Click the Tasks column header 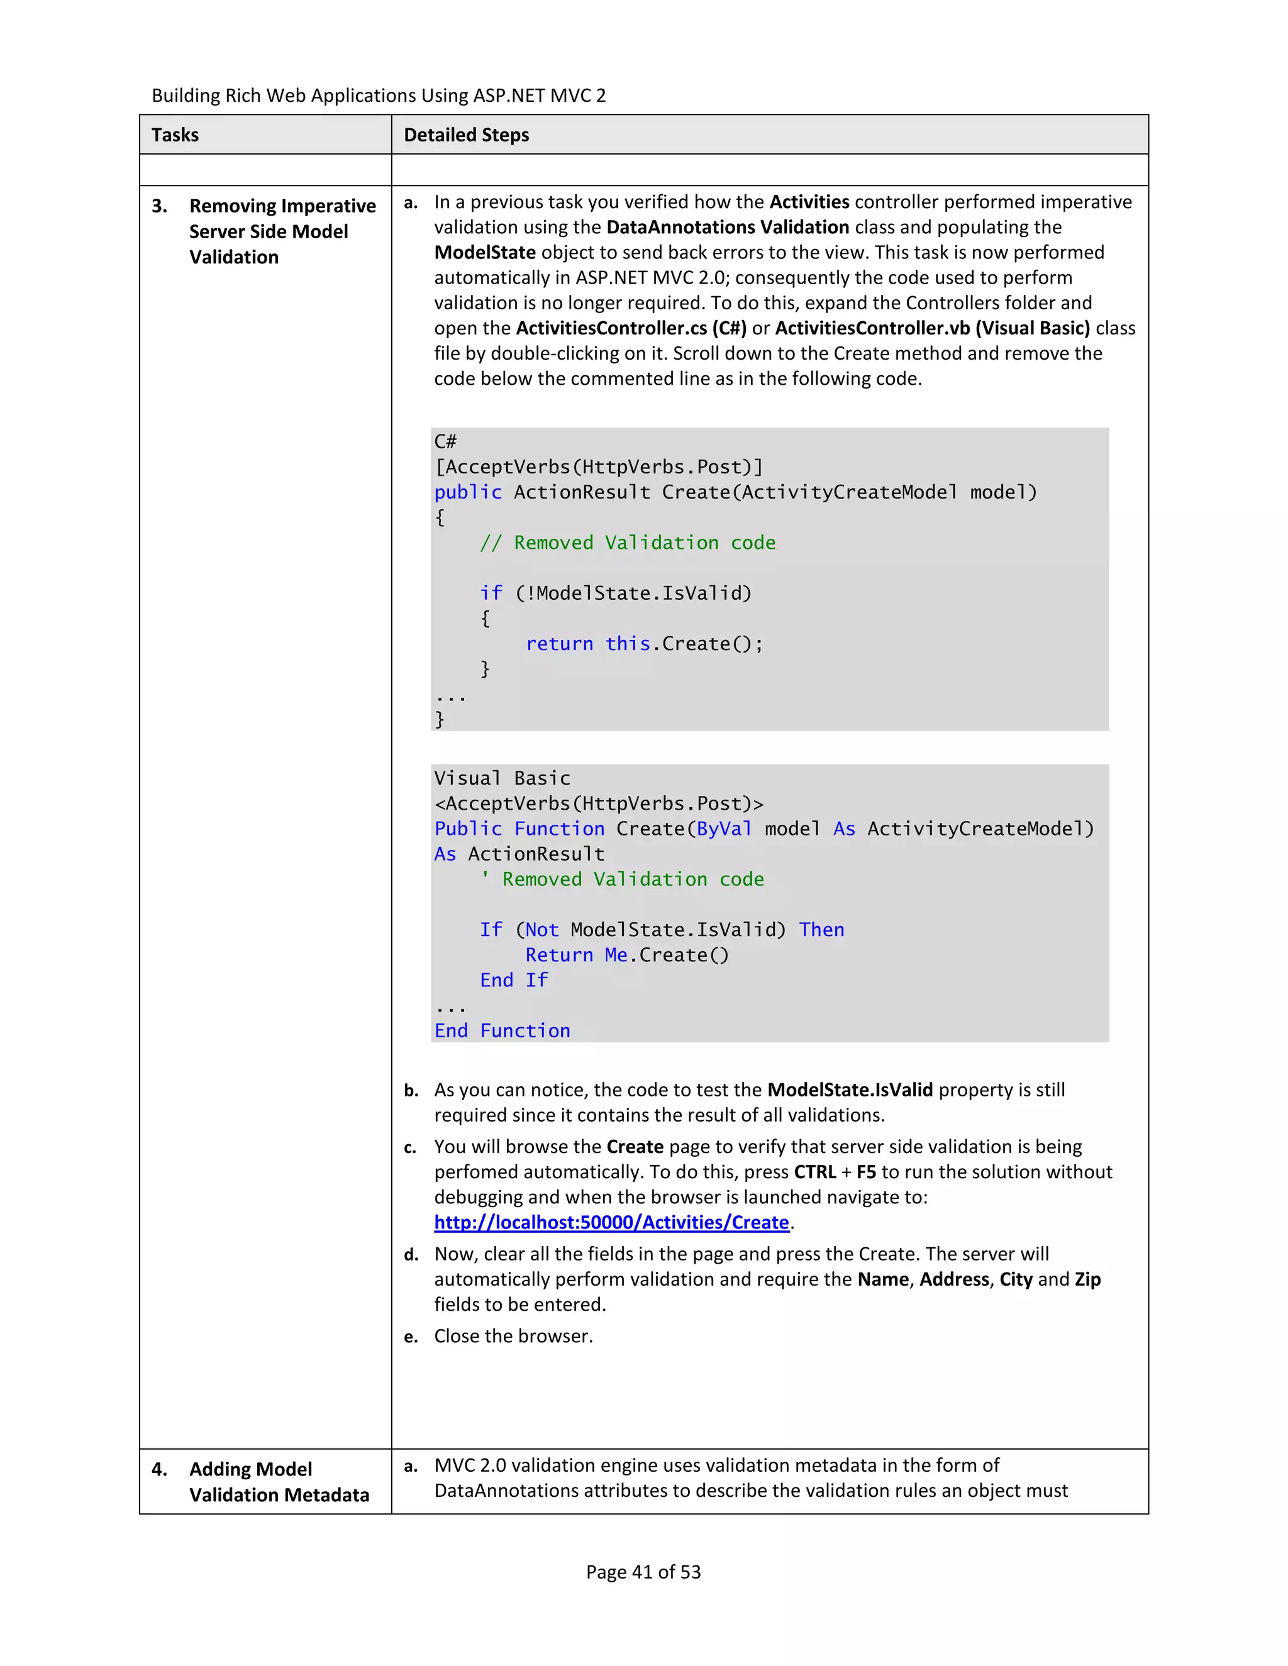click(175, 135)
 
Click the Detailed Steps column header click(466, 135)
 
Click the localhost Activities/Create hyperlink click(611, 1222)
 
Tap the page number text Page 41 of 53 click(643, 1572)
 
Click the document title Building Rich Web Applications click(379, 96)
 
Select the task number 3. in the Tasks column click(160, 206)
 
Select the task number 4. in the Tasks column click(160, 1469)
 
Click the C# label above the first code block click(446, 442)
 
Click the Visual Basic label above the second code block click(502, 778)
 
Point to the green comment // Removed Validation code click(627, 543)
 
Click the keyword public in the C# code click(468, 492)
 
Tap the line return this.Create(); click(644, 644)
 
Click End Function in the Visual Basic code click(502, 1030)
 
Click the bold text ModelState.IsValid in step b click(849, 1090)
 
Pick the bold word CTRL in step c click(814, 1172)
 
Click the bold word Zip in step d click(1087, 1279)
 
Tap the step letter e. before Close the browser click(411, 1337)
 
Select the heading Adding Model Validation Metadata click(279, 1482)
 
